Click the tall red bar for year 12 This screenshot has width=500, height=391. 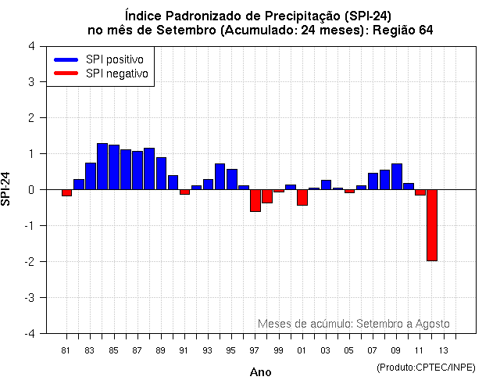[431, 225]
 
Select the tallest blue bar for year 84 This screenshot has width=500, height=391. [102, 167]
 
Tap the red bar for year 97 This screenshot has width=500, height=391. [255, 200]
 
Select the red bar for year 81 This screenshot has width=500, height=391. [67, 192]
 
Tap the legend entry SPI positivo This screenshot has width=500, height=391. [102, 59]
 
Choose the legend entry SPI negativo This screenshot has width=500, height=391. [102, 74]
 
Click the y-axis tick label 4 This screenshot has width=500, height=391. [30, 46]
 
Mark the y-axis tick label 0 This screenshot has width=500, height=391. [30, 189]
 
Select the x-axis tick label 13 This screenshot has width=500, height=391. [443, 350]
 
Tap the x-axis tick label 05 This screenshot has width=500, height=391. [349, 350]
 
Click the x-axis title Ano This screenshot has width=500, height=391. [261, 372]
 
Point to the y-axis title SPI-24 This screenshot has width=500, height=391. [7, 189]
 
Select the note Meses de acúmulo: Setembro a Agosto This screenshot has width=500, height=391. [353, 324]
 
